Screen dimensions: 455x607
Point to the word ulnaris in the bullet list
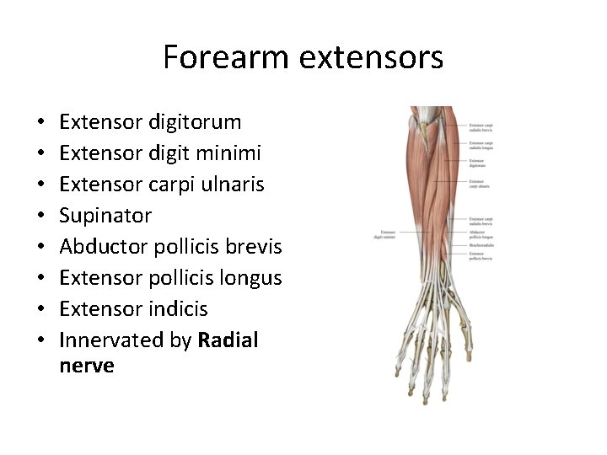tap(231, 185)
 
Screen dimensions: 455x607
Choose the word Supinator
tap(106, 216)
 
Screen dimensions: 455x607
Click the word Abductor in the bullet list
tap(100, 247)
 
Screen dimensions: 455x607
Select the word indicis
tap(176, 308)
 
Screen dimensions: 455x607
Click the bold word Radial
tap(228, 340)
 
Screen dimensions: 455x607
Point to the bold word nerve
tap(87, 366)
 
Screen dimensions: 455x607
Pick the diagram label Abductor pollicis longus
tap(481, 234)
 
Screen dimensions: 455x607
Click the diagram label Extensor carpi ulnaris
tap(481, 183)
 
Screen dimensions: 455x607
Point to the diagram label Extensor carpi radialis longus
tap(482, 146)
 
